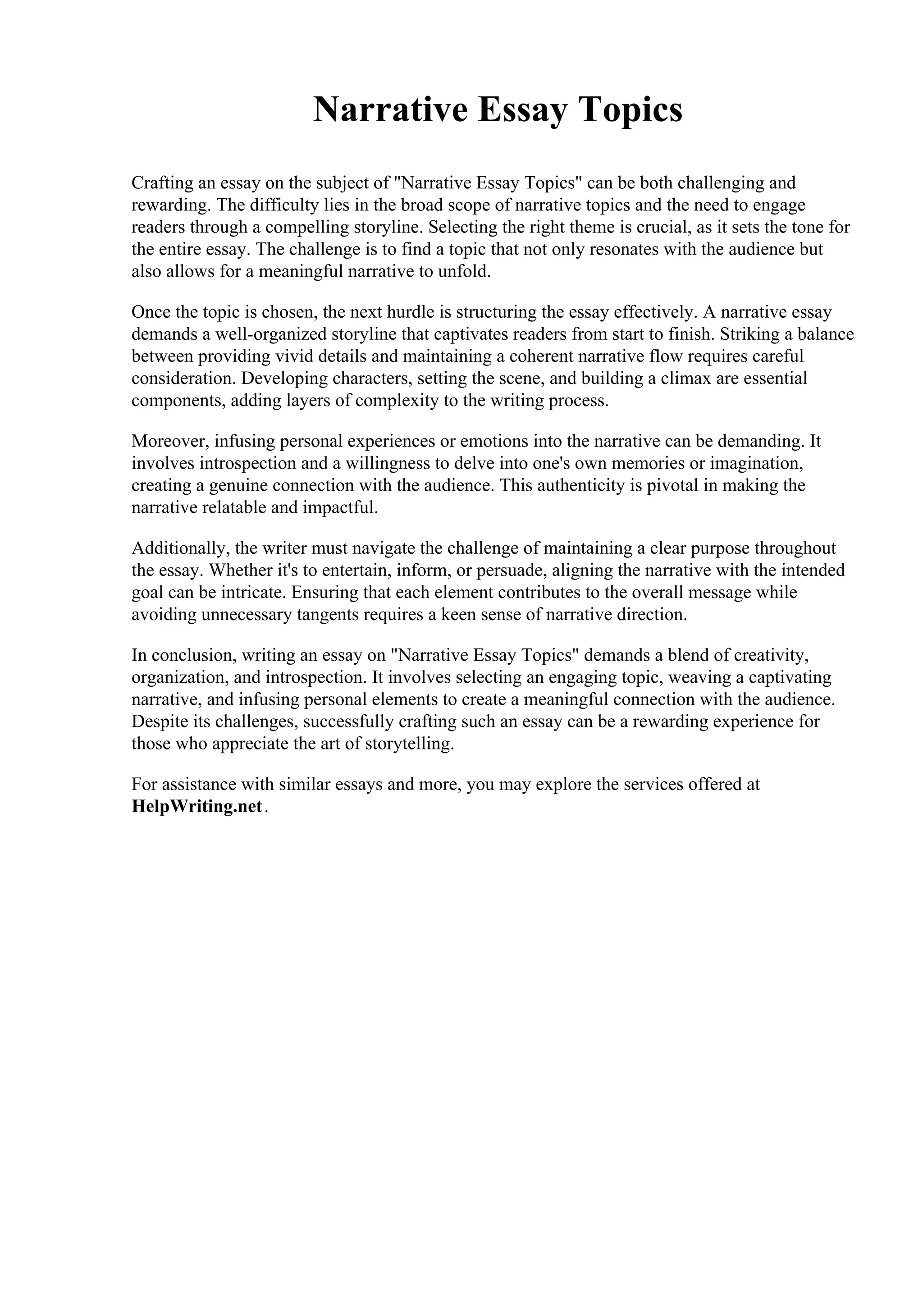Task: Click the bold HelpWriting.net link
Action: [x=197, y=807]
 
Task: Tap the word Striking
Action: [x=745, y=334]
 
